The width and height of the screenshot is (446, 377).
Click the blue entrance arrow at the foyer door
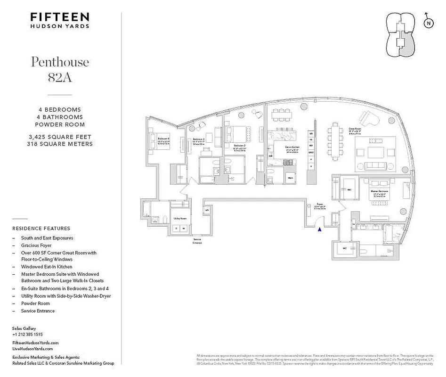click(x=320, y=229)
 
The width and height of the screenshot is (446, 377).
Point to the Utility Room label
click(x=180, y=219)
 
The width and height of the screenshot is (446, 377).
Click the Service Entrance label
click(x=197, y=241)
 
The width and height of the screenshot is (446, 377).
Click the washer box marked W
click(x=185, y=229)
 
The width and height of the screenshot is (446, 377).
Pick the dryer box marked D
click(x=177, y=229)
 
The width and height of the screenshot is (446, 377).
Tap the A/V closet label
click(x=207, y=210)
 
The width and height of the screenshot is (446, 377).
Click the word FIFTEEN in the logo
click(x=59, y=17)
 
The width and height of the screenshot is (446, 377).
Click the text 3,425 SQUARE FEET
click(x=60, y=137)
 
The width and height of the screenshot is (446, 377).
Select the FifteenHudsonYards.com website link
click(x=35, y=343)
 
